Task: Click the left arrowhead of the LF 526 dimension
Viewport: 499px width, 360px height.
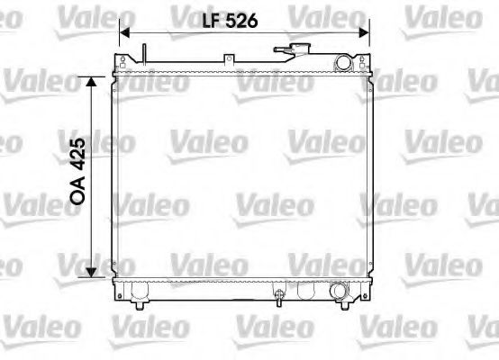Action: pos(124,31)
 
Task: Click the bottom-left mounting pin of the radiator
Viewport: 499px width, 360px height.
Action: pos(139,305)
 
